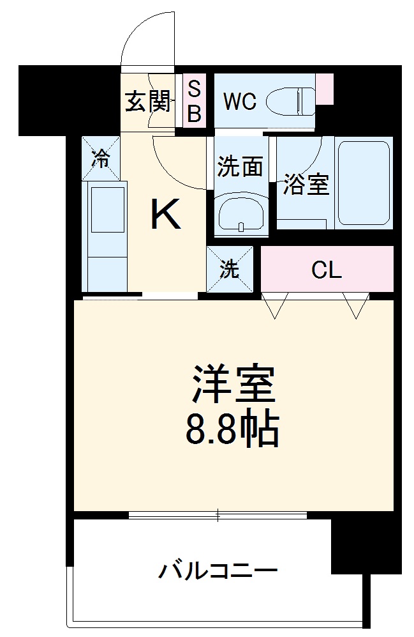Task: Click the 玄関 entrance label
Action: tap(147, 102)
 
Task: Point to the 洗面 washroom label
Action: tap(240, 167)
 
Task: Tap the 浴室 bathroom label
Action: tap(306, 185)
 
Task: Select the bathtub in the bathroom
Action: tap(365, 183)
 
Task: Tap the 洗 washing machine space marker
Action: tap(230, 269)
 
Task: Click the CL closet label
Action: tap(327, 271)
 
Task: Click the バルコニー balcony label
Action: tap(218, 567)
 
